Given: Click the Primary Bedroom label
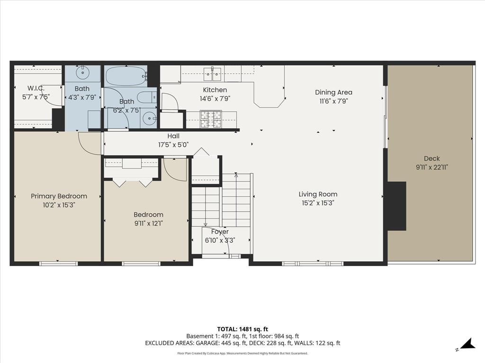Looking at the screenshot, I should click(x=59, y=196).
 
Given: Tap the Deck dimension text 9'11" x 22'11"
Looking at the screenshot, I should click(x=431, y=167).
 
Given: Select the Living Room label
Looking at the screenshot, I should click(x=318, y=194).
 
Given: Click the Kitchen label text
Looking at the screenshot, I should click(x=215, y=90).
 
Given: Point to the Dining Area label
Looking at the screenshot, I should click(x=334, y=93).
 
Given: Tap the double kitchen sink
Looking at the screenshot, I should click(x=213, y=73).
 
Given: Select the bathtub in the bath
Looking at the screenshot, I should click(x=126, y=75).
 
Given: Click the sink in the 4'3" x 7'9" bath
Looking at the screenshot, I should click(x=82, y=72).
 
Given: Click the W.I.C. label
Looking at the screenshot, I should click(x=36, y=88).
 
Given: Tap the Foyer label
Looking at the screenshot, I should click(x=220, y=232).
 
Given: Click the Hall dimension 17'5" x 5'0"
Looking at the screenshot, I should click(x=173, y=145).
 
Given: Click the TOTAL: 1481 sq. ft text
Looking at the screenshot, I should click(x=242, y=329).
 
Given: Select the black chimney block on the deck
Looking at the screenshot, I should click(x=396, y=206).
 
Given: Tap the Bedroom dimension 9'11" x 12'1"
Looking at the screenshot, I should click(x=148, y=223).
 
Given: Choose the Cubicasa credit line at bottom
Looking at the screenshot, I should click(x=242, y=353).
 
